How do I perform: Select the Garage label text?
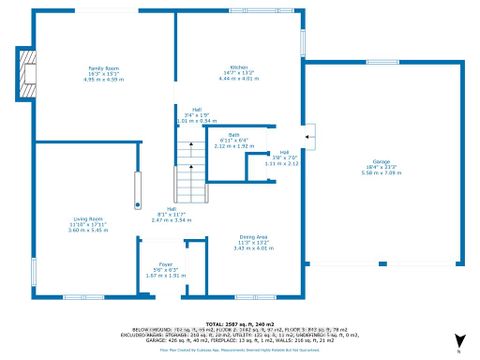pos(381,161)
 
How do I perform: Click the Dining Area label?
pos(224,237)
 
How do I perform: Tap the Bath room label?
pos(234,135)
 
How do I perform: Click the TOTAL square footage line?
pos(239,325)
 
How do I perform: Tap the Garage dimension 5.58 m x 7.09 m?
pos(381,173)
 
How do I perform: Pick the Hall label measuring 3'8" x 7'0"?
pos(286,153)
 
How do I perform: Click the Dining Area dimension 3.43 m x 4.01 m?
pos(224,248)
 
